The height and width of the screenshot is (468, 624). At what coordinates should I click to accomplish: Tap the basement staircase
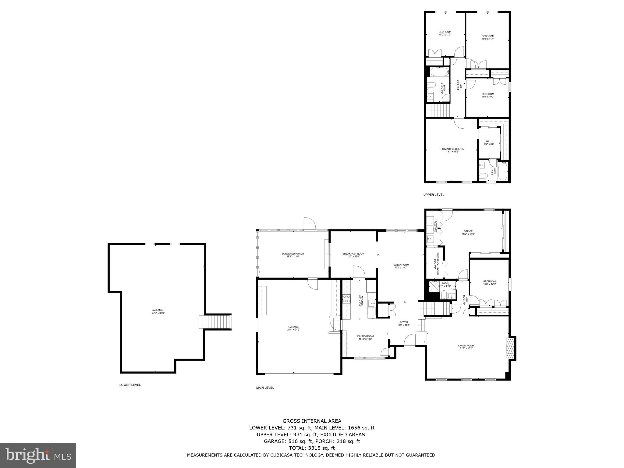(215, 322)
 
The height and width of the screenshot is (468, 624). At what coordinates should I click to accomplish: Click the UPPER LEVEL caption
(434, 195)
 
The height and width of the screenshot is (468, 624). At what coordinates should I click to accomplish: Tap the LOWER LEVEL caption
(130, 385)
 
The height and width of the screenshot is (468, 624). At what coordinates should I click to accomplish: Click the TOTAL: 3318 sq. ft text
(312, 448)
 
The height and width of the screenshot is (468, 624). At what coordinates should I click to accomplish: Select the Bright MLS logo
(38, 456)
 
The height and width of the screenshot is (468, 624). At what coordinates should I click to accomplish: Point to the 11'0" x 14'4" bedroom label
(487, 37)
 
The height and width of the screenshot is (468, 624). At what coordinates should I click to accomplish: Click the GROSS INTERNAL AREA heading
(312, 421)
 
